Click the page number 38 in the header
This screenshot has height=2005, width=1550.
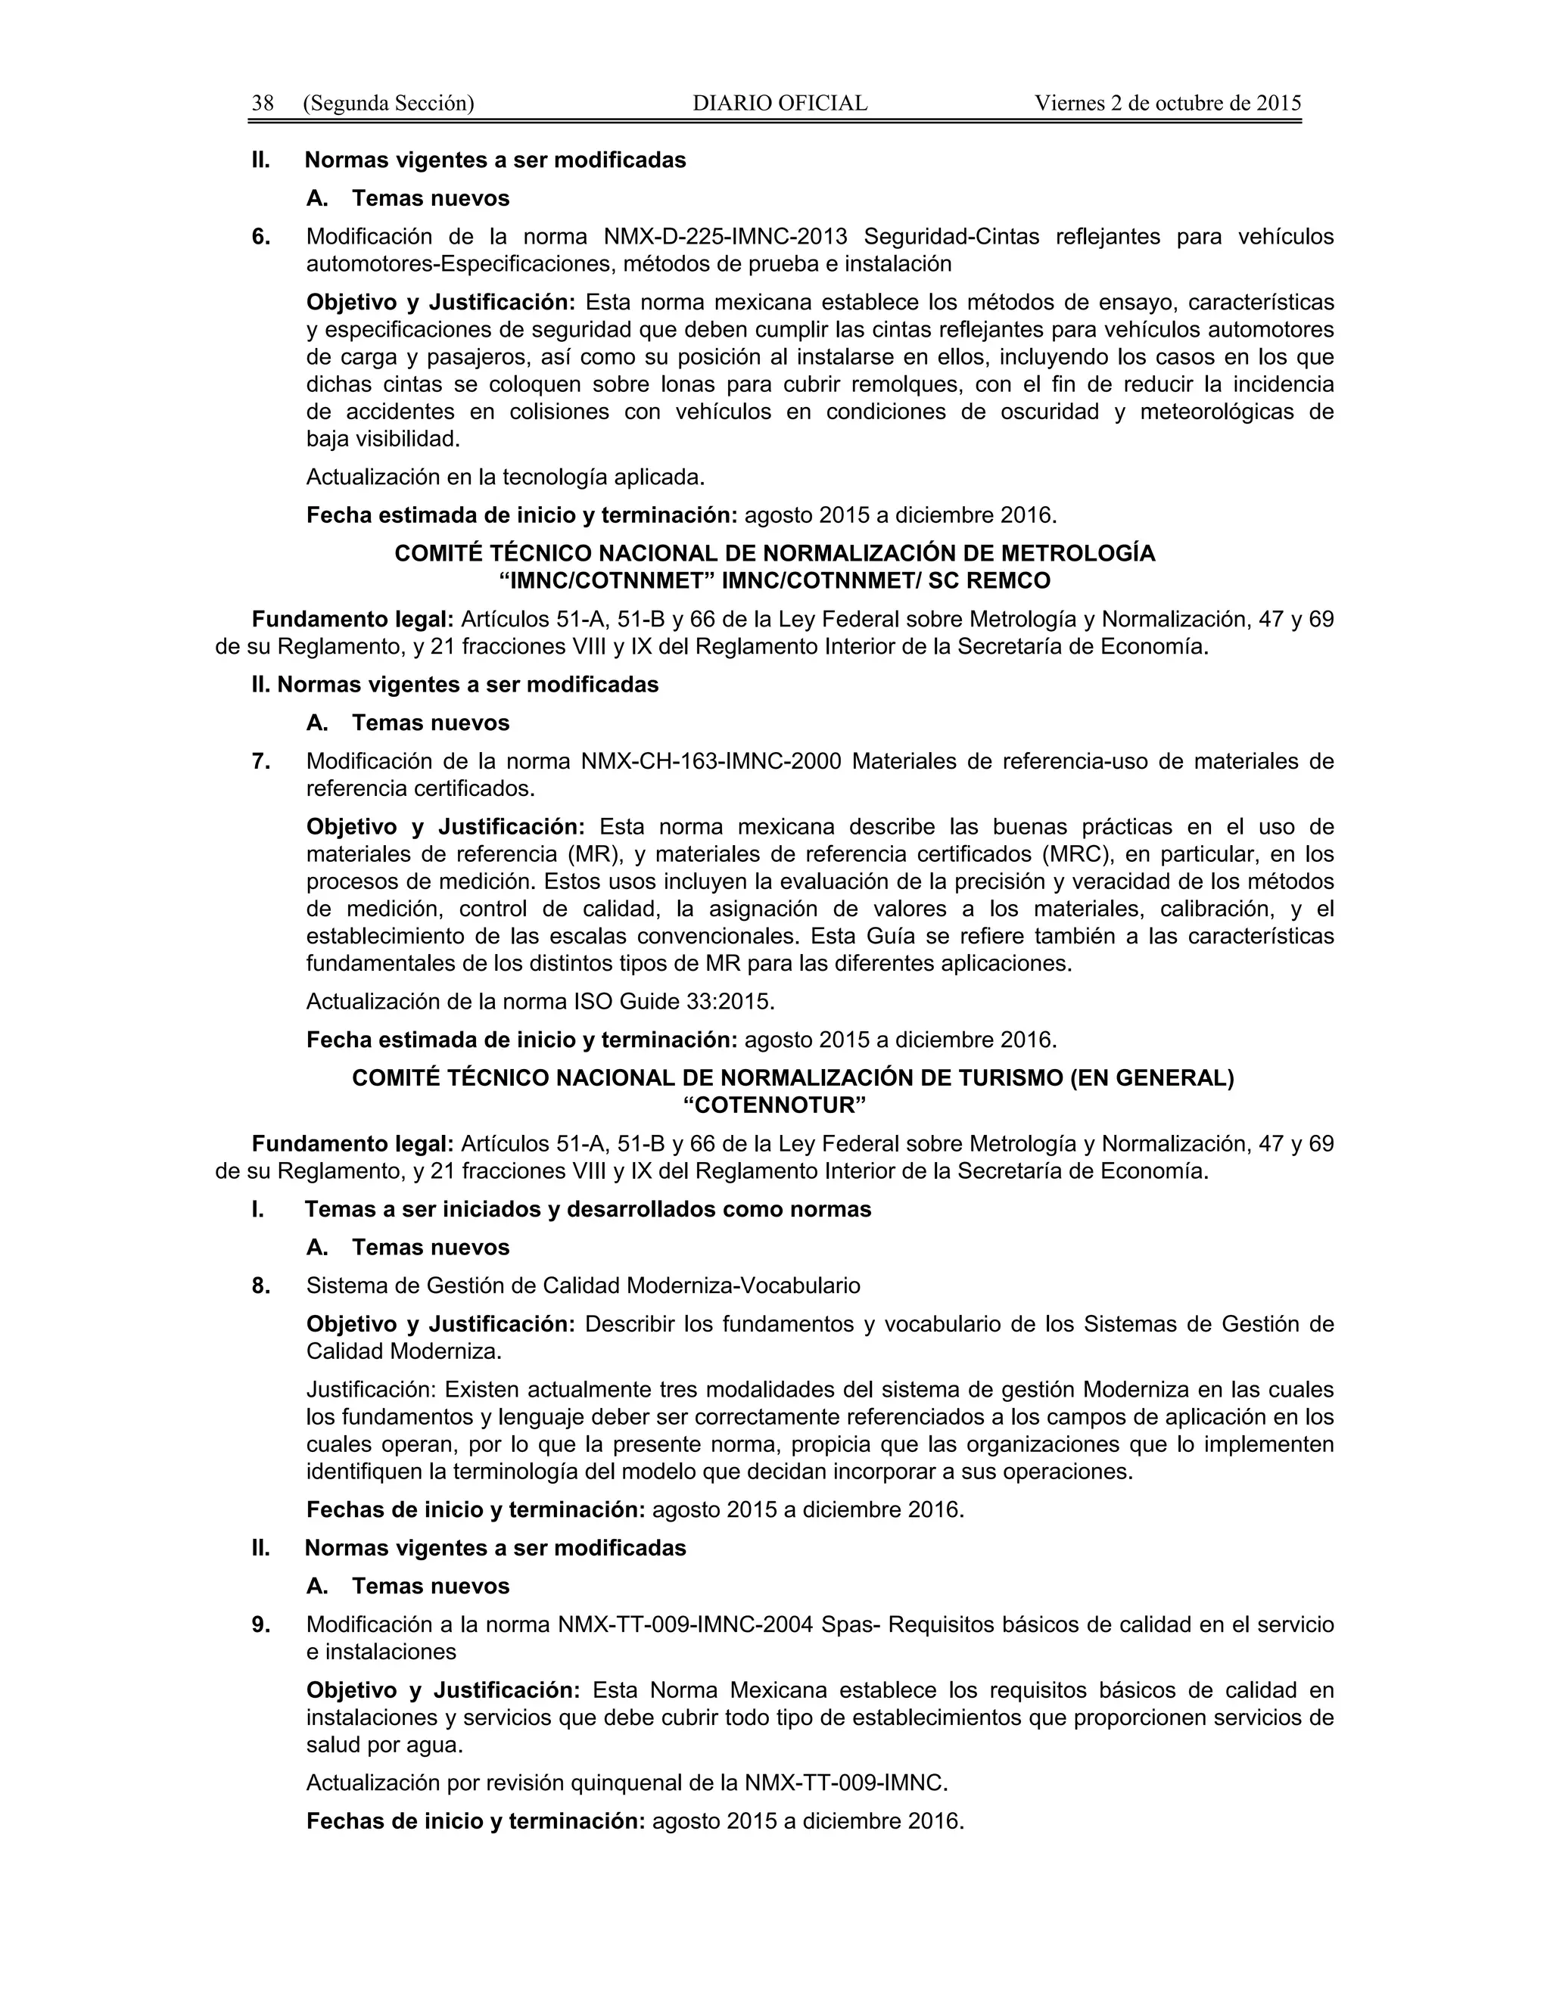pos(263,103)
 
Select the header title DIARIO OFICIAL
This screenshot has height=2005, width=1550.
pos(780,103)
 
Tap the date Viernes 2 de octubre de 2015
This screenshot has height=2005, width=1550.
pos(1168,103)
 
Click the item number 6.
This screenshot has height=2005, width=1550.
pos(261,237)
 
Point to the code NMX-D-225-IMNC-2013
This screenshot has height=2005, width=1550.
pos(725,237)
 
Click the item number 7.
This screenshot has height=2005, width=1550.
pos(261,761)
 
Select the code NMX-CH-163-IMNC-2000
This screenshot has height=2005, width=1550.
pos(711,761)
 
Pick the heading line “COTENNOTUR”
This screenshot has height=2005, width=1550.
pos(775,1105)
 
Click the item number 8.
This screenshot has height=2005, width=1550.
pos(261,1286)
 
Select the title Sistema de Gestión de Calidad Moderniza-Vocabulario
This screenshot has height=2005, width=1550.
pos(583,1286)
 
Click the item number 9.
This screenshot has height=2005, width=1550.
pos(261,1625)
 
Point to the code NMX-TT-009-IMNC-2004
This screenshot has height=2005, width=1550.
pos(685,1625)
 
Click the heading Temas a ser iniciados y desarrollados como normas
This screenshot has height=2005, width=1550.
pos(587,1209)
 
